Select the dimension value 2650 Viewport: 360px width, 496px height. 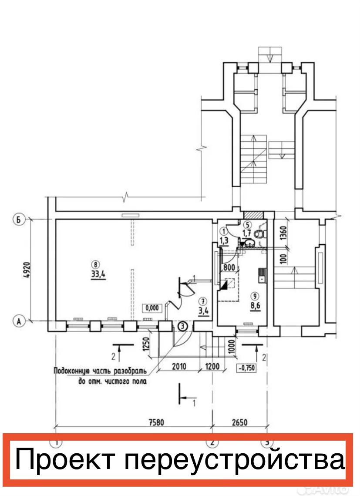(x=239, y=422)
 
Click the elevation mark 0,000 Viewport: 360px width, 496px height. (x=152, y=308)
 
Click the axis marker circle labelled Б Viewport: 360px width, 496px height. (x=19, y=220)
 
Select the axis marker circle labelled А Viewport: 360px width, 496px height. (x=19, y=321)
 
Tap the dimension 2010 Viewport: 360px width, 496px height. (x=178, y=366)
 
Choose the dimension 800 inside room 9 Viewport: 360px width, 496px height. (x=229, y=267)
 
